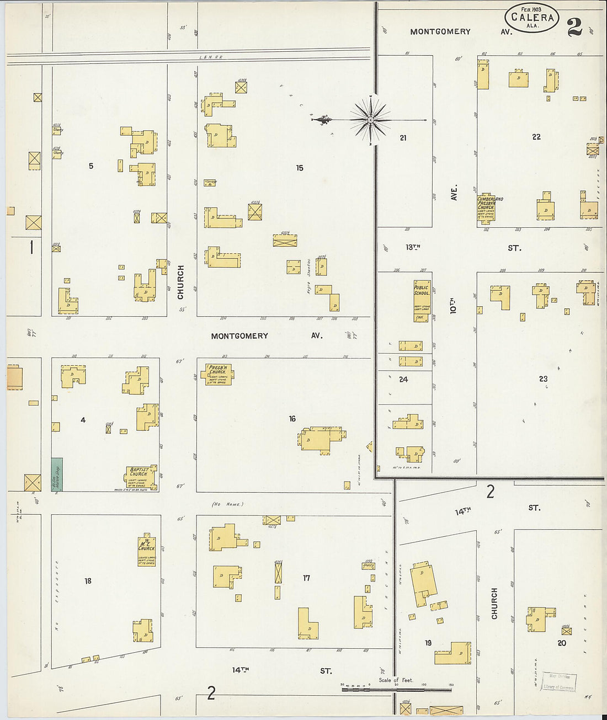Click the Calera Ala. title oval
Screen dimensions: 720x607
(531, 18)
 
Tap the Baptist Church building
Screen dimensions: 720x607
(140, 478)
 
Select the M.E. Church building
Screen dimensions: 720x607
(147, 550)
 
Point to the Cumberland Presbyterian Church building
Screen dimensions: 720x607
(486, 207)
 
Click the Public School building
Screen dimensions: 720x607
(421, 301)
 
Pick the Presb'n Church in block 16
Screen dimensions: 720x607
(219, 374)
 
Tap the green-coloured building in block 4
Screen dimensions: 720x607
(57, 474)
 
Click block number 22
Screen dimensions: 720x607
(536, 137)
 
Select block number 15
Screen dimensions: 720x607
(299, 168)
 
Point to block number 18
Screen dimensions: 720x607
(88, 580)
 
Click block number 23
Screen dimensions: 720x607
(543, 378)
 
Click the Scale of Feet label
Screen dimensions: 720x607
(396, 680)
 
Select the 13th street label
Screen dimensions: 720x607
(413, 247)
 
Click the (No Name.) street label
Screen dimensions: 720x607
(227, 504)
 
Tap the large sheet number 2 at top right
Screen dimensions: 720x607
(574, 26)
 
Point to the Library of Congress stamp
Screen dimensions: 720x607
(559, 682)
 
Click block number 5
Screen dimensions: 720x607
(91, 166)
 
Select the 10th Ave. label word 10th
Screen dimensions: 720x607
(453, 306)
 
